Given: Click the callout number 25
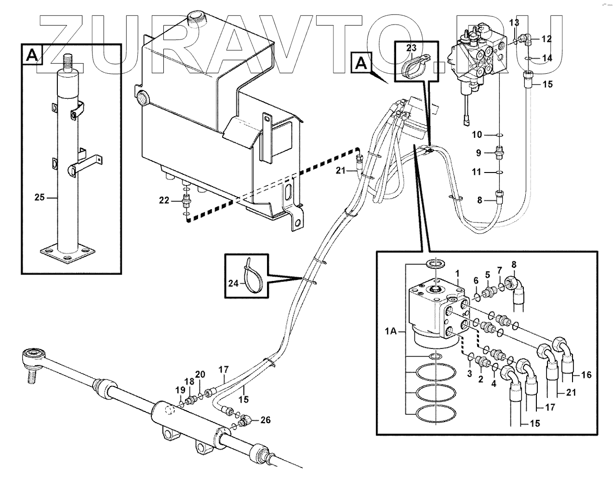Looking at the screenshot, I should [x=40, y=197].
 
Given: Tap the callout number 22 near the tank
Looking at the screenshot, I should [x=164, y=200].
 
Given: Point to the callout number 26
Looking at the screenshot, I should [x=266, y=420].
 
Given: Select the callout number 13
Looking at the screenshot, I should [x=514, y=23].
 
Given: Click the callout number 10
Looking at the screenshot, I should [x=477, y=134].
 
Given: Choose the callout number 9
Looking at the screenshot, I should [x=479, y=153].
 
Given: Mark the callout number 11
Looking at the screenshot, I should [x=477, y=172].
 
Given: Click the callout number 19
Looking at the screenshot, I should [x=180, y=390].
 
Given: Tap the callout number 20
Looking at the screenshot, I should [x=200, y=374].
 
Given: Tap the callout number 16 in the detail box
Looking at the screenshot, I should [x=586, y=374].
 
